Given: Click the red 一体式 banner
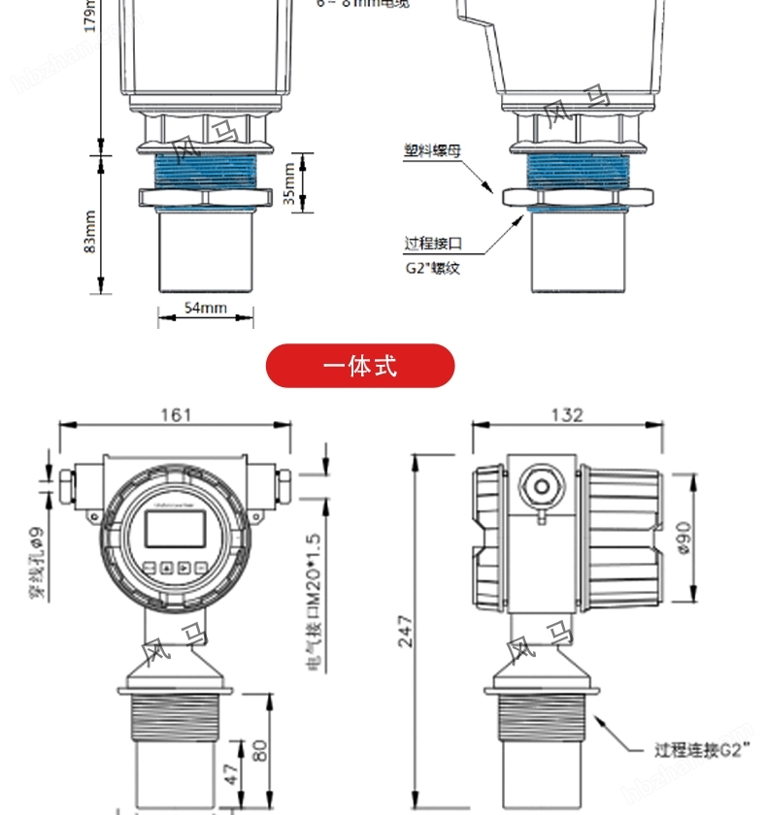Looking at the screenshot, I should pyautogui.click(x=360, y=366).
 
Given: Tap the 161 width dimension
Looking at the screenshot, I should pyautogui.click(x=176, y=414).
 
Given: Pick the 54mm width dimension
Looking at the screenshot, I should pyautogui.click(x=205, y=308).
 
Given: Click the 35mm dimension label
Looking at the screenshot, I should pyautogui.click(x=289, y=181).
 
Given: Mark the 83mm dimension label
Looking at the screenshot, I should pyautogui.click(x=89, y=232).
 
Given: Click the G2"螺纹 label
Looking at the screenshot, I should pyautogui.click(x=433, y=267).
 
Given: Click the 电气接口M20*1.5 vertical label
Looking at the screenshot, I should pyautogui.click(x=312, y=602).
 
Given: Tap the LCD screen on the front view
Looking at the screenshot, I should pyautogui.click(x=175, y=529).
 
